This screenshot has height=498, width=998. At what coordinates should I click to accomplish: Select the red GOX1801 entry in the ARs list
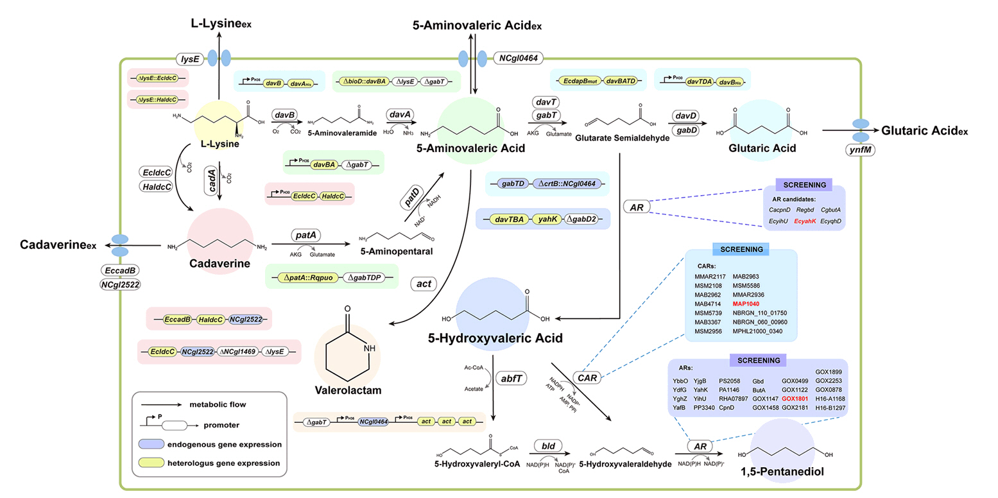(x=796, y=399)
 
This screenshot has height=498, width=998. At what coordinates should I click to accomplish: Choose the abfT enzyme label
(x=504, y=379)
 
